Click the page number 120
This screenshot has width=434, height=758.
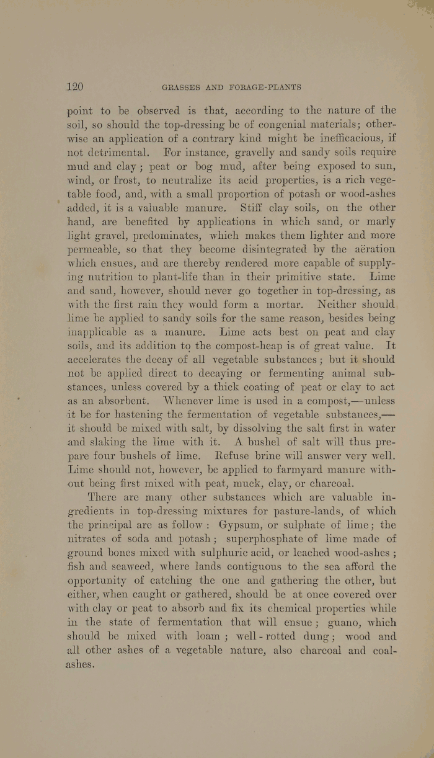pyautogui.click(x=75, y=87)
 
